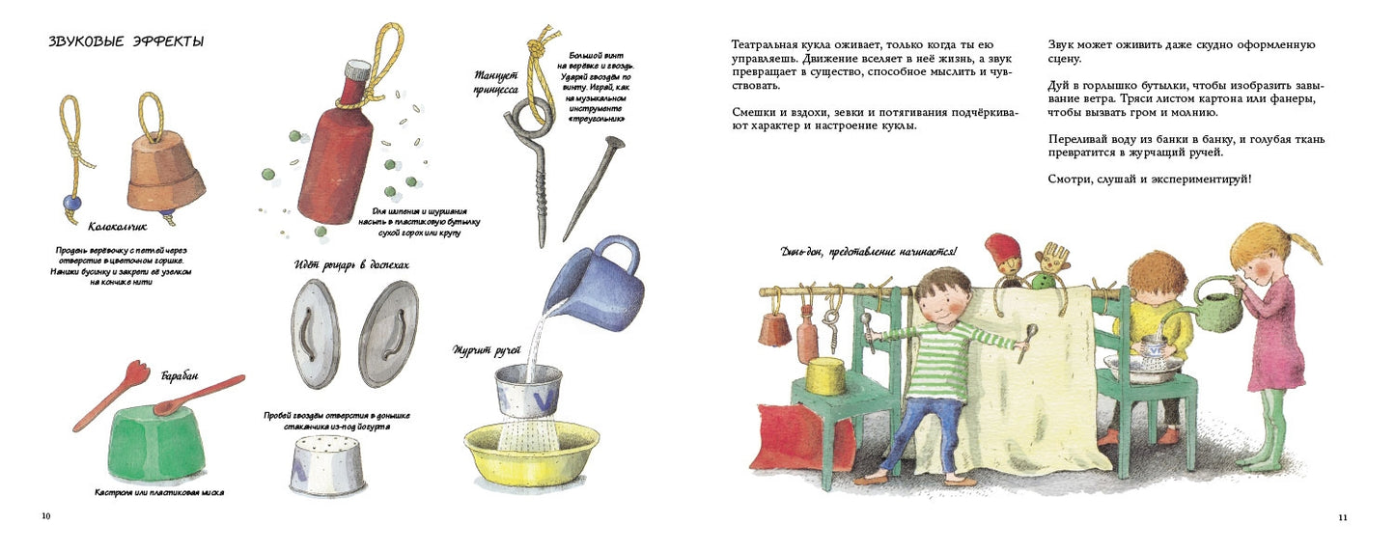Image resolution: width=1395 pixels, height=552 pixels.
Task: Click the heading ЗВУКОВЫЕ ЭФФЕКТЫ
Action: coord(126,41)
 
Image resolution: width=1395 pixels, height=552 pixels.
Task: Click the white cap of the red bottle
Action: coord(358,69)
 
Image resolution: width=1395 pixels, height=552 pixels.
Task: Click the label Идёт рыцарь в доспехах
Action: coord(351,263)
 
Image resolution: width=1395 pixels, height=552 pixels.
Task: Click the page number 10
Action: coord(45,516)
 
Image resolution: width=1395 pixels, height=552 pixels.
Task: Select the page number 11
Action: coord(1342,517)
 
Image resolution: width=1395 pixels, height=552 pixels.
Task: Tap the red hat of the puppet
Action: coord(1003,248)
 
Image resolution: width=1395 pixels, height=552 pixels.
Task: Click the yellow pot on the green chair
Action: coord(825,375)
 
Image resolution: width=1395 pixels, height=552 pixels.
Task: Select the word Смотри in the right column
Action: coord(1070,179)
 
